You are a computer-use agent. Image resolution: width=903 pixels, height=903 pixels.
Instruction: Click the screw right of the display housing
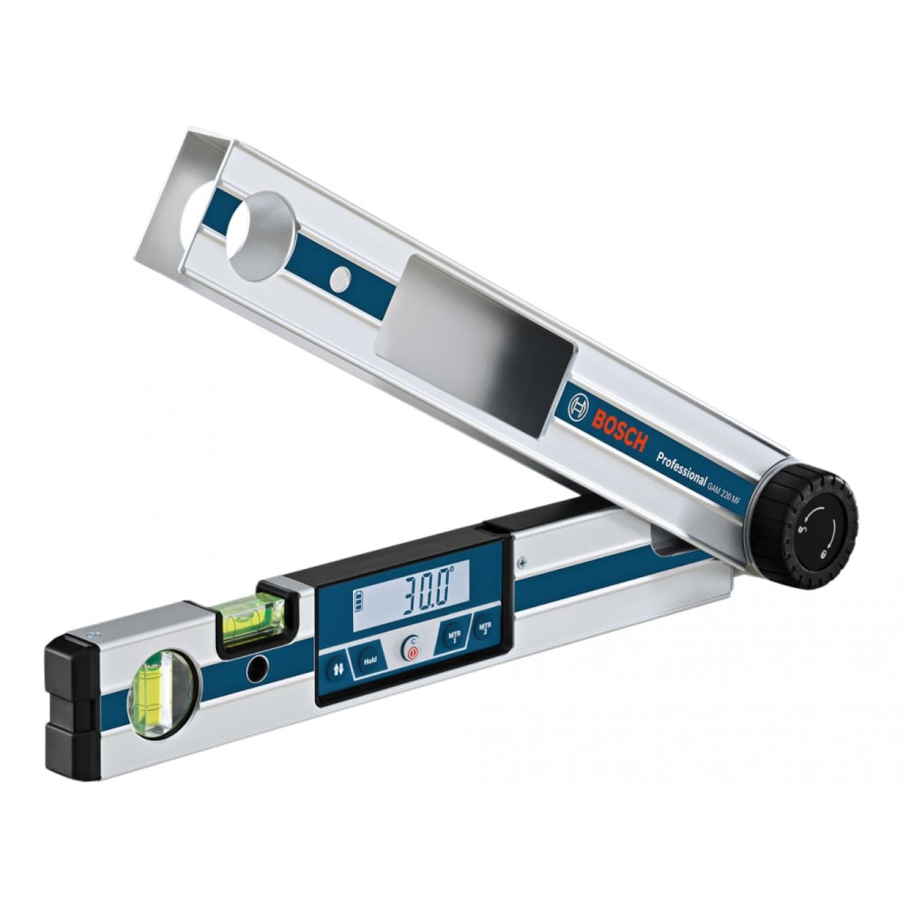521,561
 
